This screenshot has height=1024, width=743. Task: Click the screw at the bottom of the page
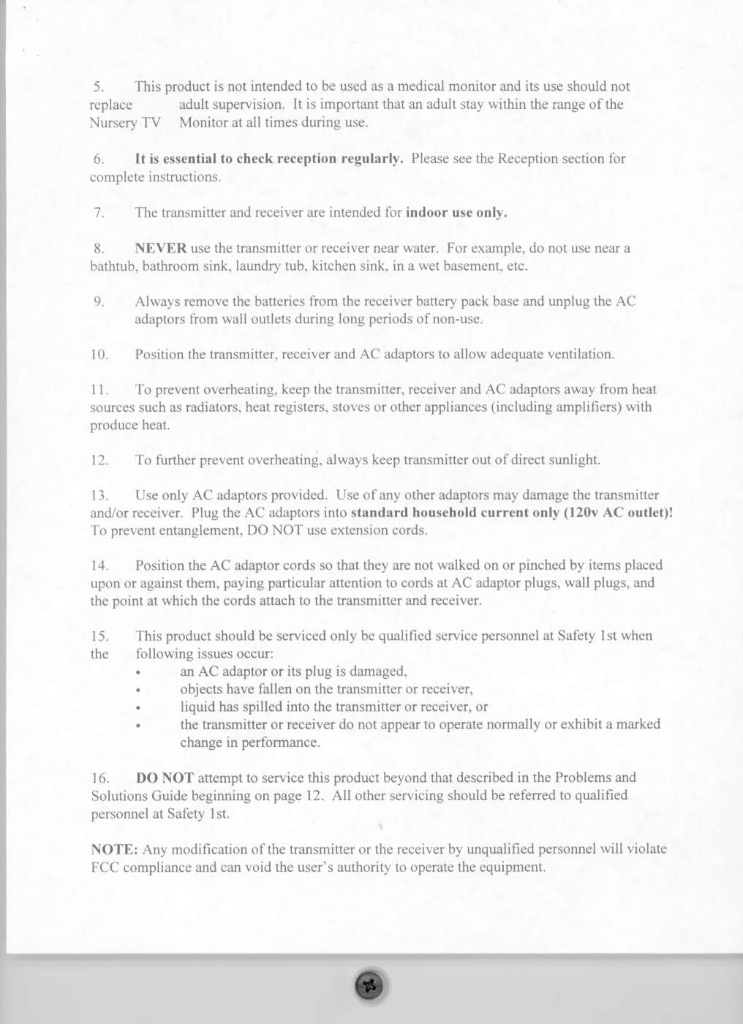[370, 986]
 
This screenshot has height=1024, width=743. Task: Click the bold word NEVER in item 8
[160, 249]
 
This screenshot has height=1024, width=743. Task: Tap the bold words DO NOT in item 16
[165, 778]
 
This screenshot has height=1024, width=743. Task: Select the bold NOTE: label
[114, 849]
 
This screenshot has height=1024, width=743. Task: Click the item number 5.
[99, 87]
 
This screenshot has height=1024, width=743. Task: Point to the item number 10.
[99, 355]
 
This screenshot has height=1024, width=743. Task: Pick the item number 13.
[99, 496]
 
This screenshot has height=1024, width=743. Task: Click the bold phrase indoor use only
[456, 213]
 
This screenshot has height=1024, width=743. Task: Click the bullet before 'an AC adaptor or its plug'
[137, 672]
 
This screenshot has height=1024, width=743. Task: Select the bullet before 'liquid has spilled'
[137, 707]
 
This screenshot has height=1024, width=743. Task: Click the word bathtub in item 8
[113, 266]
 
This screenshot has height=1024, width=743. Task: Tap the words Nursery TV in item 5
[125, 123]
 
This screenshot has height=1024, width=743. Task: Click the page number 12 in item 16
[314, 796]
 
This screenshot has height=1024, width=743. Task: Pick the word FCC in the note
[105, 867]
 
